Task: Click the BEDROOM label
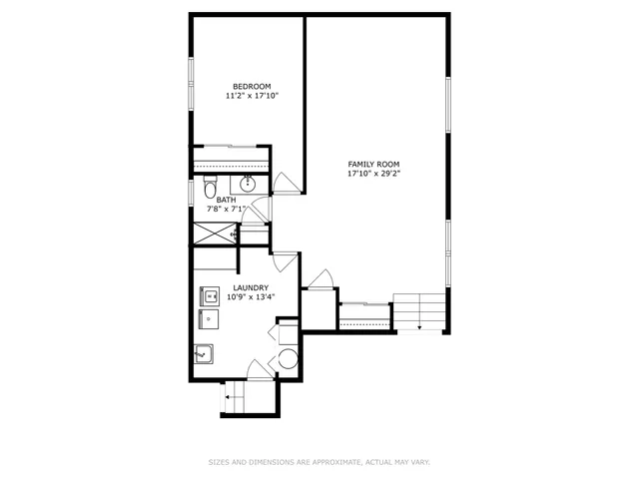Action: click(251, 86)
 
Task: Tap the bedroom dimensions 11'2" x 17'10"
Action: click(251, 97)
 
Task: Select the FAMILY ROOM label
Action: click(373, 164)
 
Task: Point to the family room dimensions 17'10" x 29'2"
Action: click(373, 174)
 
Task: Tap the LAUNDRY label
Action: click(251, 286)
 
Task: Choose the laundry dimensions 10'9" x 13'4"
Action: click(251, 296)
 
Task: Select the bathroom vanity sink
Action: click(249, 184)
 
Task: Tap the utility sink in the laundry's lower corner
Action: click(204, 353)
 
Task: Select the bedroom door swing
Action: click(286, 183)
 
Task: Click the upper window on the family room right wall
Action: click(448, 107)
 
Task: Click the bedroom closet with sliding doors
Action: click(231, 158)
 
